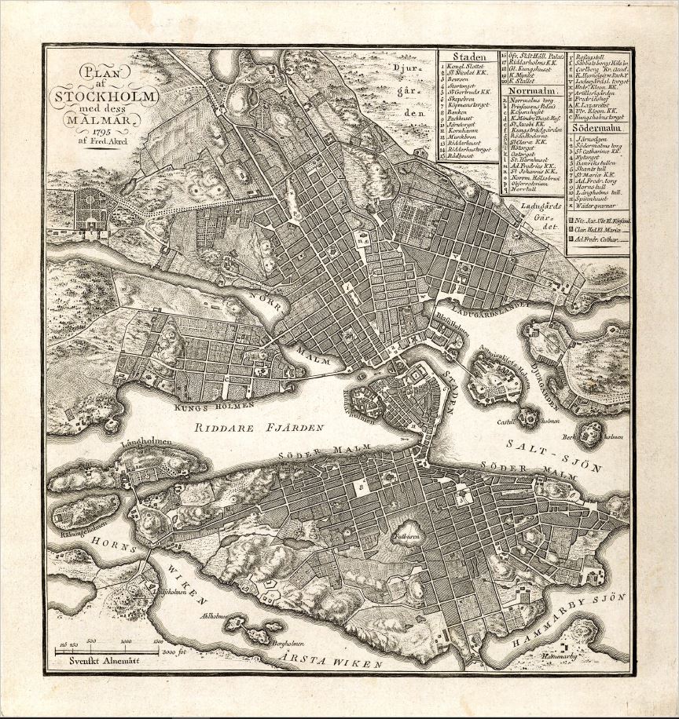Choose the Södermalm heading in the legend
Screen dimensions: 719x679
pos(598,126)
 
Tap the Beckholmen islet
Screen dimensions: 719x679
pos(588,433)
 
